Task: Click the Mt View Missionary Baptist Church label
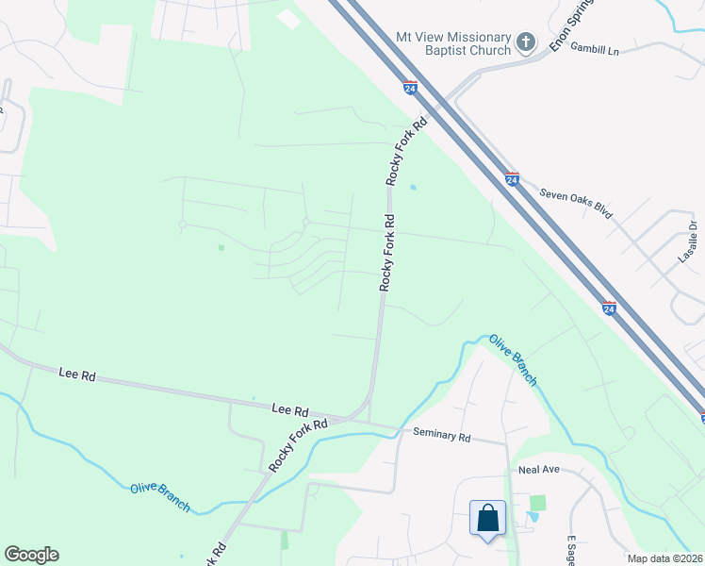[453, 42]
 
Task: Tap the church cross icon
[526, 42]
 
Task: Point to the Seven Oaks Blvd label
[576, 203]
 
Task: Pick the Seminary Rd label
[441, 436]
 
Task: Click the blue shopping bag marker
[487, 519]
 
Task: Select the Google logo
[31, 555]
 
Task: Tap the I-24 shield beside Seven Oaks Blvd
[512, 179]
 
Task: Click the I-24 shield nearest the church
[409, 88]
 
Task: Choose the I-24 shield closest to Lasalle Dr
[609, 308]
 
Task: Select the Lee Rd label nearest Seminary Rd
[290, 410]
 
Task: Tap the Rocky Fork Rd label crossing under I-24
[406, 151]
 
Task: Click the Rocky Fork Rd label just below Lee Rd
[297, 445]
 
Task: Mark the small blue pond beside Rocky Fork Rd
[412, 187]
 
